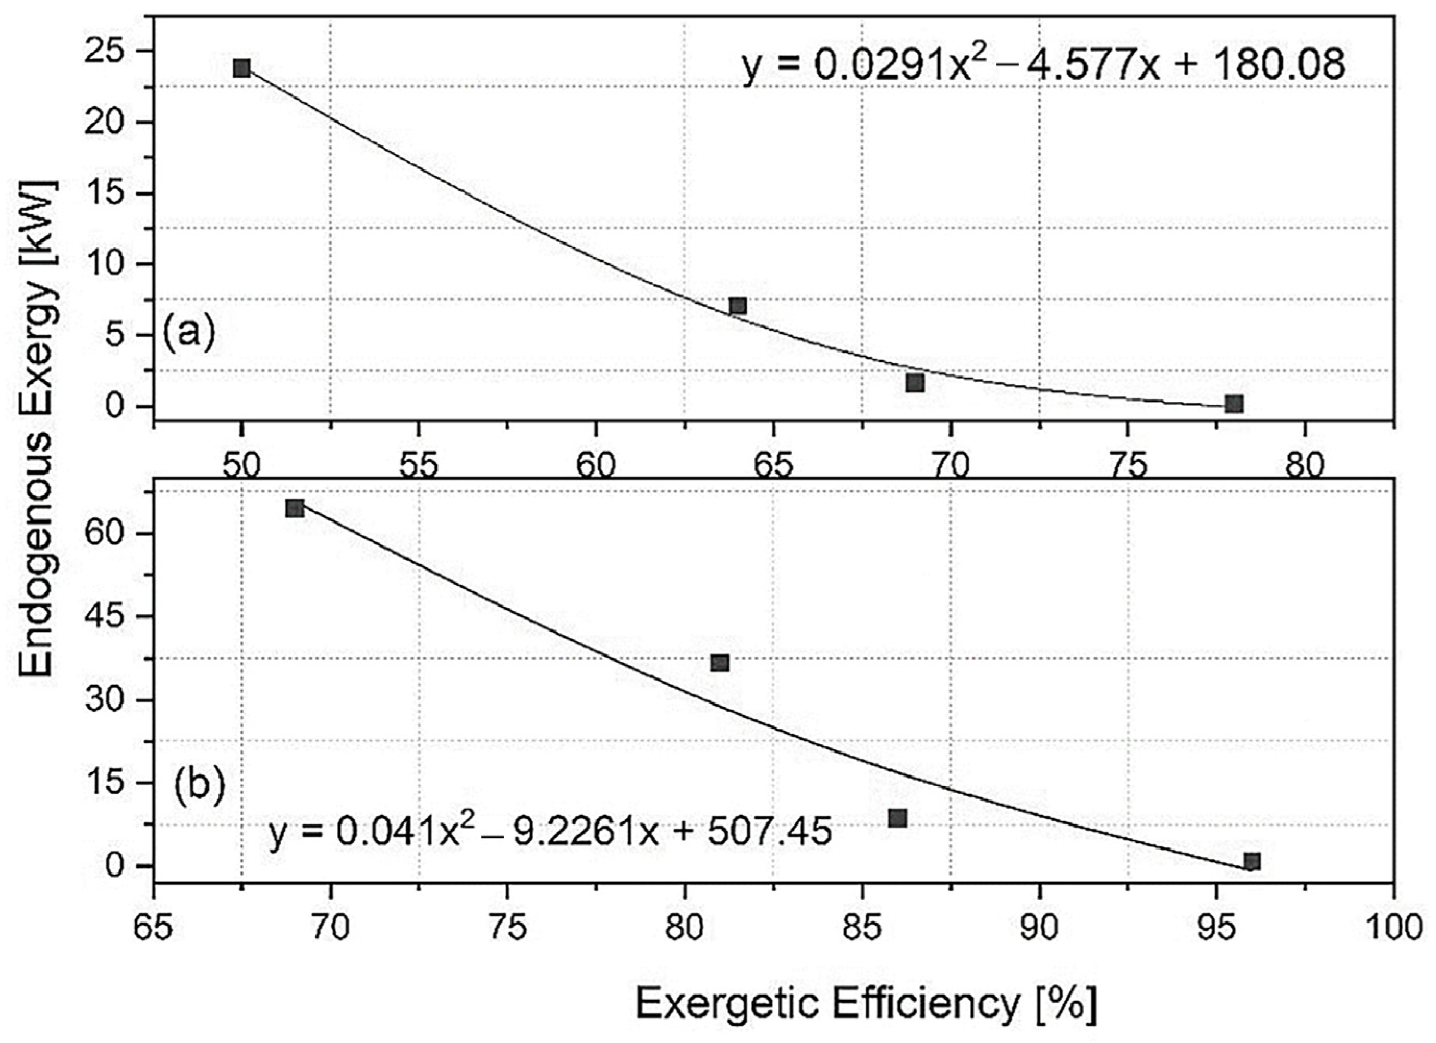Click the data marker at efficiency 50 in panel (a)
(x=241, y=68)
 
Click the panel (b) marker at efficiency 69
(x=295, y=508)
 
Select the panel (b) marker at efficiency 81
(x=720, y=663)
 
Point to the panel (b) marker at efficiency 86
(x=897, y=818)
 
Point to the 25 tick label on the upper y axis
(x=104, y=52)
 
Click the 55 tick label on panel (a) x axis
(x=419, y=466)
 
